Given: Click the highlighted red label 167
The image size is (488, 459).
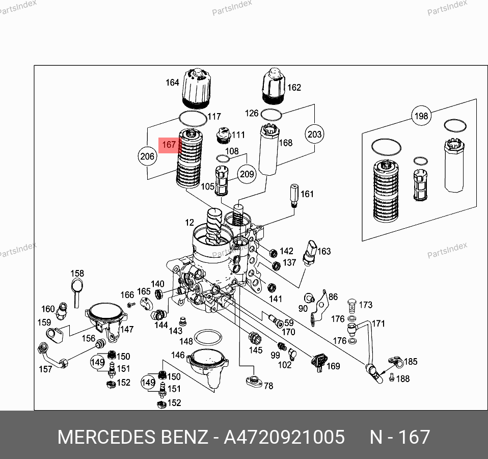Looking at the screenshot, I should click(x=169, y=145).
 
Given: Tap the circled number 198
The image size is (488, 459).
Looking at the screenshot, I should click(x=421, y=117).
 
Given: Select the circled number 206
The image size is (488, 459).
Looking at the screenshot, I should click(x=147, y=157).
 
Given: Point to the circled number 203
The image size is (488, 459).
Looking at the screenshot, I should click(x=315, y=134).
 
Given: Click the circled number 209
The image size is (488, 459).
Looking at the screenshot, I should click(x=247, y=174).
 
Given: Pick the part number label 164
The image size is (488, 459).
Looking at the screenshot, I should click(x=172, y=83).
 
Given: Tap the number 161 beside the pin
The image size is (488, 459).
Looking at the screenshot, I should click(x=307, y=194).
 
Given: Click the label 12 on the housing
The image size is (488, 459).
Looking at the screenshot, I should click(x=189, y=223).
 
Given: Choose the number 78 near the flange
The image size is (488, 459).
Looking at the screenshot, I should click(x=268, y=386).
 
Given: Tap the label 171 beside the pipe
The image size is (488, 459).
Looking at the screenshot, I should click(x=378, y=323).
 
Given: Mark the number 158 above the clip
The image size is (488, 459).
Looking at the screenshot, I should click(x=77, y=274).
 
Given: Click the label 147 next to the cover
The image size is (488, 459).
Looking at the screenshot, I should click(x=127, y=330).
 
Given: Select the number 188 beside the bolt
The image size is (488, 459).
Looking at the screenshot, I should click(x=403, y=379).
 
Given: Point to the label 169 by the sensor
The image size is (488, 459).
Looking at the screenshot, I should click(x=333, y=366).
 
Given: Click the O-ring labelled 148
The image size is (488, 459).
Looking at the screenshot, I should click(x=208, y=338).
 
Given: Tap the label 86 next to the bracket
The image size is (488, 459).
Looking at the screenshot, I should click(x=333, y=296).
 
